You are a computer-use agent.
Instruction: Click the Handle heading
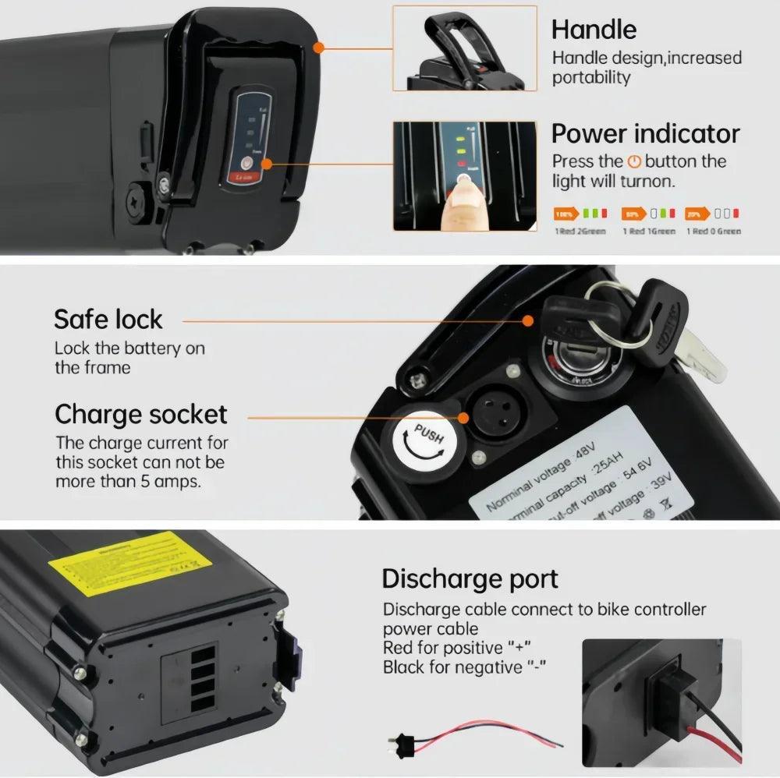[594, 30]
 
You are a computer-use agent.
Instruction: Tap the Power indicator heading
[645, 133]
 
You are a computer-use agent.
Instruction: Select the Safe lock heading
[108, 319]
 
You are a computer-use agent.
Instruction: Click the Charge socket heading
[140, 414]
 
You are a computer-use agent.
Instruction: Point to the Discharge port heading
[470, 579]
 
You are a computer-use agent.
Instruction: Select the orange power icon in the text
[634, 162]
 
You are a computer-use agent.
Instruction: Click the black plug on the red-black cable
[402, 741]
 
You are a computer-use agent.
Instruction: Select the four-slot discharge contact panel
[204, 681]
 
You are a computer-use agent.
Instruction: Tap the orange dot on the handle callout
[317, 48]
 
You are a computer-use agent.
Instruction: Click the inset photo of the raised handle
[464, 49]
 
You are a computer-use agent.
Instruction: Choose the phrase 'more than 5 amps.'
[127, 482]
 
